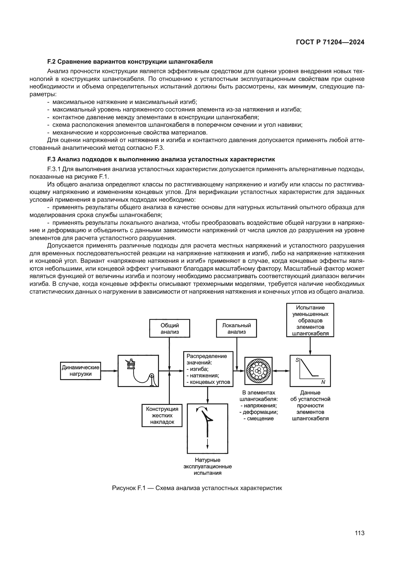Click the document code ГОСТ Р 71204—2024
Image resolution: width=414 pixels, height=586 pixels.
pos(330,42)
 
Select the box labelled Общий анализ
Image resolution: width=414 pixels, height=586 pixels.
pos(169,328)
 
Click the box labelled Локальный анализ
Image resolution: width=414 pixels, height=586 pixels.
pos(236,328)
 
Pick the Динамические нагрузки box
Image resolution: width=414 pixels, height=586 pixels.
pos(81,371)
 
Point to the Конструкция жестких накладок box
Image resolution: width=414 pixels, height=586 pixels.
pos(162,415)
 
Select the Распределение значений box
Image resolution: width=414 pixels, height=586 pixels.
pos(208,369)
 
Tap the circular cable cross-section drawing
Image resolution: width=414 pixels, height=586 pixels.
pos(258,371)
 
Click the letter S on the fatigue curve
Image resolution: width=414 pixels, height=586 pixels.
pos(297,360)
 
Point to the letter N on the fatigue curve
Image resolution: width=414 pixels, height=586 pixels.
pos(323,382)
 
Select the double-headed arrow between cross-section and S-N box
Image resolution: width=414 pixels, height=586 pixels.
pos(281,371)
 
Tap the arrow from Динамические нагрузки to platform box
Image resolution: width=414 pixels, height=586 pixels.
pos(109,371)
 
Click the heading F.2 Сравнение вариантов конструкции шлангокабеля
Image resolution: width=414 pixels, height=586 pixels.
pos(130,62)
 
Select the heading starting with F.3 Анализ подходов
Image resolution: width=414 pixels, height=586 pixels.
pos(161,160)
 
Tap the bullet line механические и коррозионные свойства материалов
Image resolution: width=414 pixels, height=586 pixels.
pos(130,133)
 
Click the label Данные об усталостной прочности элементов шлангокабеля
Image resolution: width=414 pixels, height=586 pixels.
pos(310,406)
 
